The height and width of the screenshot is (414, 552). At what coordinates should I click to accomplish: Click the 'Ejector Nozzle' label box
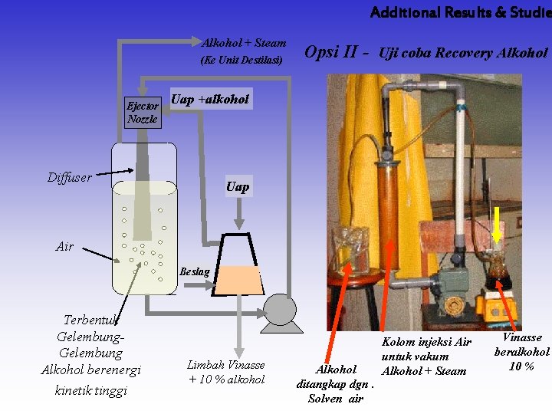pyautogui.click(x=143, y=113)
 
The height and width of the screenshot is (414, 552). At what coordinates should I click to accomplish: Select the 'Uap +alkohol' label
pyautogui.click(x=210, y=99)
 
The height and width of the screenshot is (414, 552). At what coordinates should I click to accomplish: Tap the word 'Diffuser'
pyautogui.click(x=70, y=178)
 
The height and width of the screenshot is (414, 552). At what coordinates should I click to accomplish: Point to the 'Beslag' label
pyautogui.click(x=194, y=271)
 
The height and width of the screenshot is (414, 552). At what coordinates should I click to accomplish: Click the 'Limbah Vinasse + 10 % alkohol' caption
pyautogui.click(x=226, y=373)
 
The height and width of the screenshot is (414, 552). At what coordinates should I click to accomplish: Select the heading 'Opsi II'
pyautogui.click(x=330, y=52)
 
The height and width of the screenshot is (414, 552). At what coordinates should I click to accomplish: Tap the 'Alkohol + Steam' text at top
pyautogui.click(x=244, y=43)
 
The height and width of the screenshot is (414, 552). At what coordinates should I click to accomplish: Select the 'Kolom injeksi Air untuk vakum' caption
pyautogui.click(x=426, y=349)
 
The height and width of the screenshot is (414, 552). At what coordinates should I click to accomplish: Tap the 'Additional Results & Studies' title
pyautogui.click(x=460, y=12)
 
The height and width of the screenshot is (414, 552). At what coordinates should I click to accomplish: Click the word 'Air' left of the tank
pyautogui.click(x=65, y=246)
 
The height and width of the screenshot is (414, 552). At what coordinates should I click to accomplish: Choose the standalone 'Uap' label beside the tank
pyautogui.click(x=238, y=186)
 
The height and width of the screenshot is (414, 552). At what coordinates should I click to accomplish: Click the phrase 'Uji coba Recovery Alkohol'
pyautogui.click(x=463, y=53)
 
